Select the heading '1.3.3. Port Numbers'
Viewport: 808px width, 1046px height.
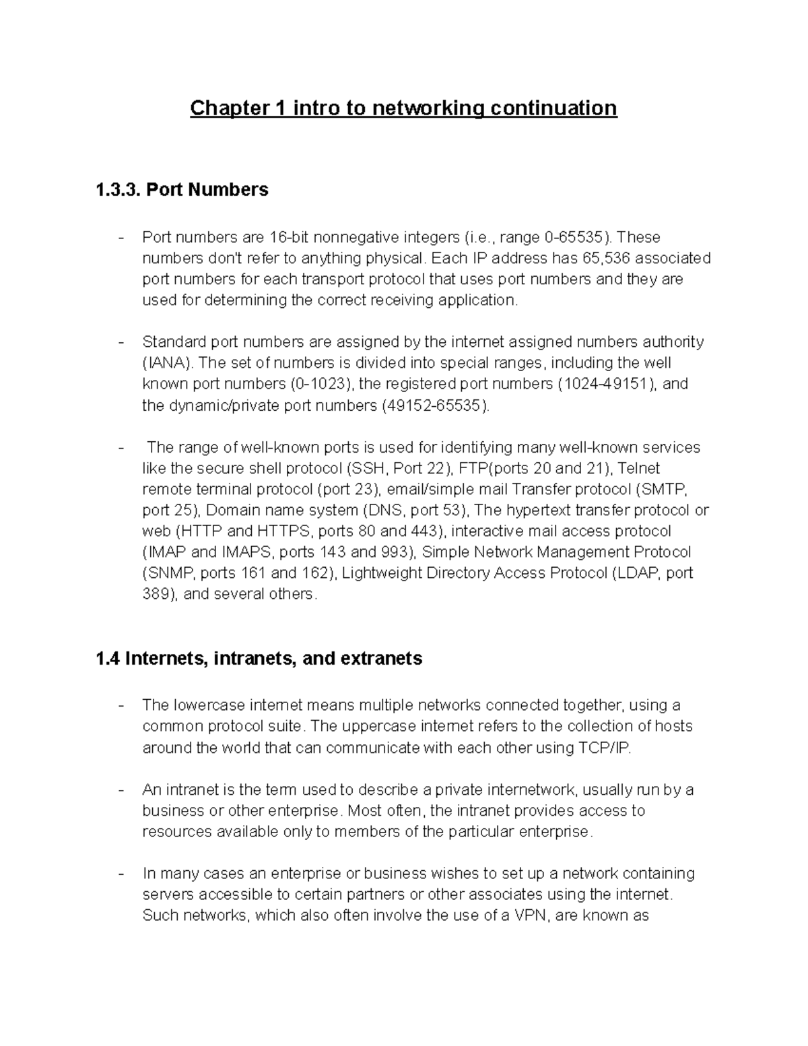[182, 190]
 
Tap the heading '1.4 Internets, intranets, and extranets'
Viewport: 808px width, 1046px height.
[259, 658]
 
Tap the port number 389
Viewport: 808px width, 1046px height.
[156, 594]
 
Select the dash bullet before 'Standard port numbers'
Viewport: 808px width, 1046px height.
[121, 342]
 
